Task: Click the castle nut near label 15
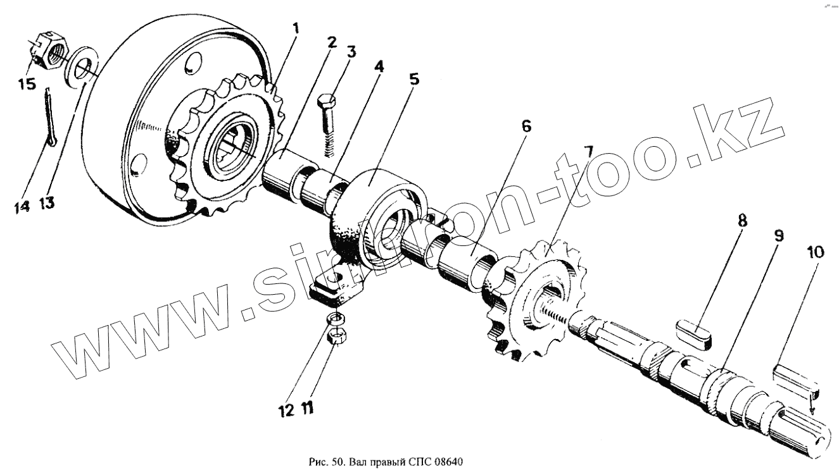click(47, 52)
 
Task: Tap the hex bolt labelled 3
click(329, 126)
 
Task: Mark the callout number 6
click(526, 126)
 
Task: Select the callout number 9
click(779, 235)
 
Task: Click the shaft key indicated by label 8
click(695, 333)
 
